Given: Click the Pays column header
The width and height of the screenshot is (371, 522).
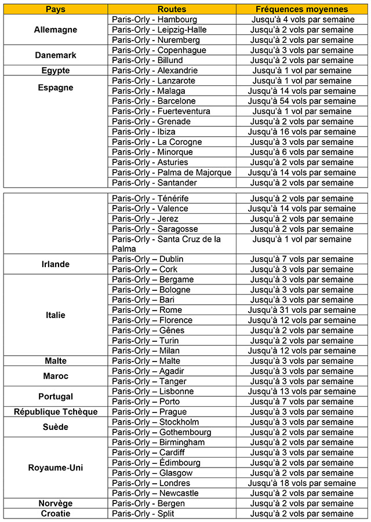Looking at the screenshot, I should pyautogui.click(x=56, y=9).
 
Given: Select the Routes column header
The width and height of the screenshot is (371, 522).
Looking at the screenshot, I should pyautogui.click(x=172, y=9).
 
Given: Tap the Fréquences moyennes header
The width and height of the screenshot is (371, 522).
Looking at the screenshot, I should pyautogui.click(x=301, y=9).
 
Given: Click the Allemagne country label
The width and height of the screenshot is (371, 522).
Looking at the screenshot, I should pyautogui.click(x=56, y=30).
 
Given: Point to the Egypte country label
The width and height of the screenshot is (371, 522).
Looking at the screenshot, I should pyautogui.click(x=56, y=71).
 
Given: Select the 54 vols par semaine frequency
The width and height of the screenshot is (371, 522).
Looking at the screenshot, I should pyautogui.click(x=301, y=101).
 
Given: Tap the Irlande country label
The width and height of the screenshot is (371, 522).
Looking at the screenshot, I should pyautogui.click(x=56, y=264).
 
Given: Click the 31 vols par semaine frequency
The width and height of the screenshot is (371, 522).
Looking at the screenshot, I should pyautogui.click(x=301, y=310).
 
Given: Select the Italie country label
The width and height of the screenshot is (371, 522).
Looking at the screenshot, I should pyautogui.click(x=56, y=315).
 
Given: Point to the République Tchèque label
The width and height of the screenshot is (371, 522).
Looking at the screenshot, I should pyautogui.click(x=56, y=412).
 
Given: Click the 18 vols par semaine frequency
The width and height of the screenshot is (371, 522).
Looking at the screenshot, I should pyautogui.click(x=301, y=483).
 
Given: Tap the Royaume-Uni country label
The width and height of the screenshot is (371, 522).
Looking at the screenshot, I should pyautogui.click(x=56, y=468).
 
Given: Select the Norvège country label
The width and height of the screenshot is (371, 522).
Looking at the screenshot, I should pyautogui.click(x=56, y=503).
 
